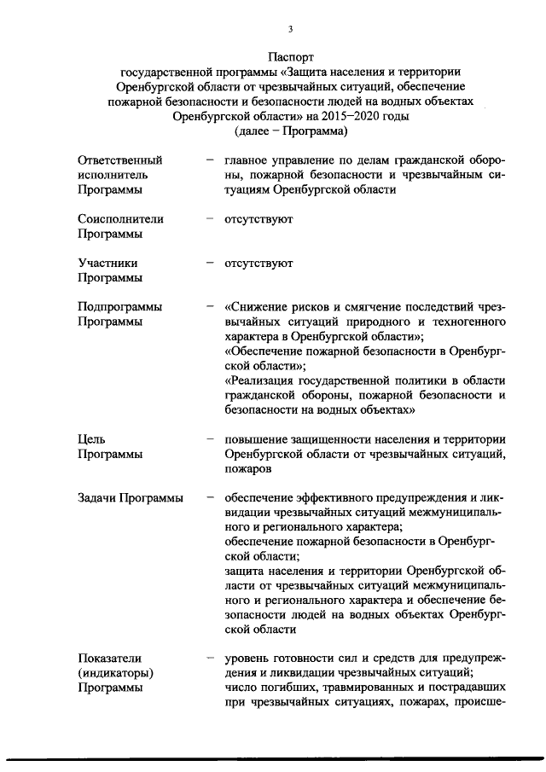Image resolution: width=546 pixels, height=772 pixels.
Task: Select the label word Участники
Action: click(107, 263)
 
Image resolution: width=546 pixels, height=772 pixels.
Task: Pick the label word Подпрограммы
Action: click(119, 307)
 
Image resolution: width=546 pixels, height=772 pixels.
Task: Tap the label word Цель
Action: click(90, 438)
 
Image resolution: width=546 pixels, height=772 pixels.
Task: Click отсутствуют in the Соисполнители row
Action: click(258, 218)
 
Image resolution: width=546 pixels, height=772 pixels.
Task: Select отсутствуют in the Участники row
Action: click(258, 263)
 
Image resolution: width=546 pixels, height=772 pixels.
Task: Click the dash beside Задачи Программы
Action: click(209, 497)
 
